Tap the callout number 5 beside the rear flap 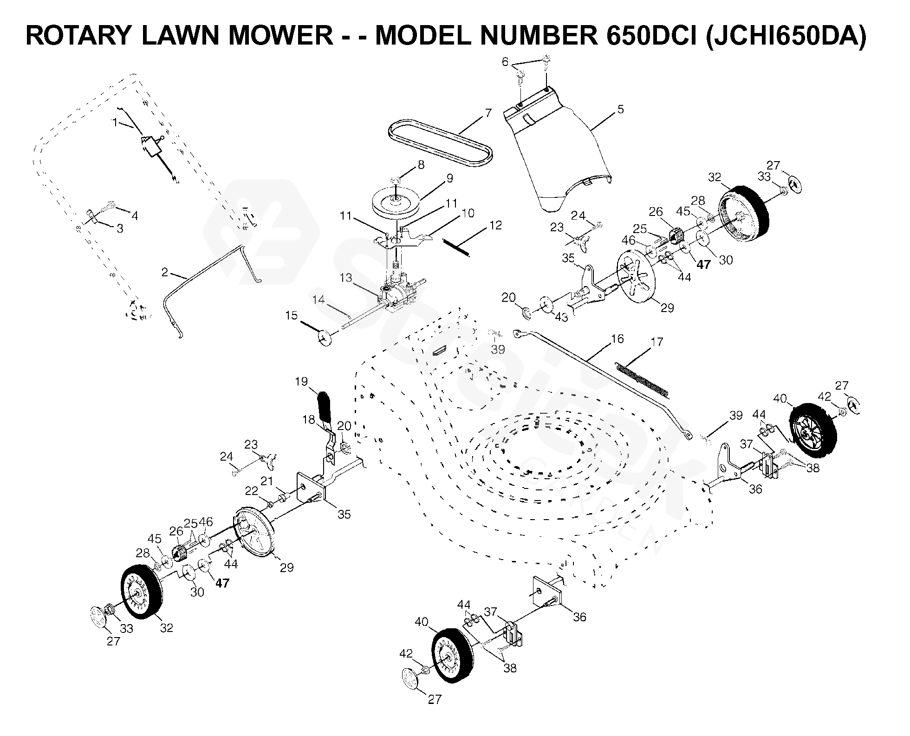[620, 110]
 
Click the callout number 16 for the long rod [617, 339]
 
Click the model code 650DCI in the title [650, 36]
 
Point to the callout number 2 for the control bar [164, 272]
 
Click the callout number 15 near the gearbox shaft [291, 316]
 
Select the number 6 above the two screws [506, 62]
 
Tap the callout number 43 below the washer [561, 317]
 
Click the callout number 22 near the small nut [251, 490]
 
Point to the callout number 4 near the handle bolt [135, 215]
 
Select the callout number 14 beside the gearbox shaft [318, 300]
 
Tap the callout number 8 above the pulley [421, 165]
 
